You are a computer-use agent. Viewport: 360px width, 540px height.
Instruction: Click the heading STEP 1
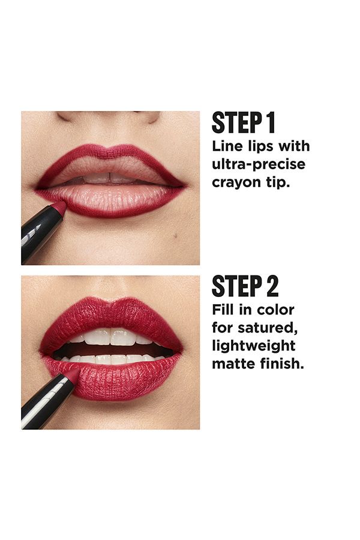[243, 122]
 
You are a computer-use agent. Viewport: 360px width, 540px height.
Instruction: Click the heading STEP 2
[245, 286]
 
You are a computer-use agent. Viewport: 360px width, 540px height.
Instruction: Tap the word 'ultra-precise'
[258, 164]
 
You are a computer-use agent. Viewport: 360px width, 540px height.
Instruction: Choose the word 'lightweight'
[253, 346]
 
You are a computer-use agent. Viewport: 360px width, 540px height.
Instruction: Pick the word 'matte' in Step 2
[232, 364]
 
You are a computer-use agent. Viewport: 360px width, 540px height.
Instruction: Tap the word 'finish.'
[280, 364]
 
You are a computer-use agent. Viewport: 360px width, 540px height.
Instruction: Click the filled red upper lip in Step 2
[111, 315]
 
